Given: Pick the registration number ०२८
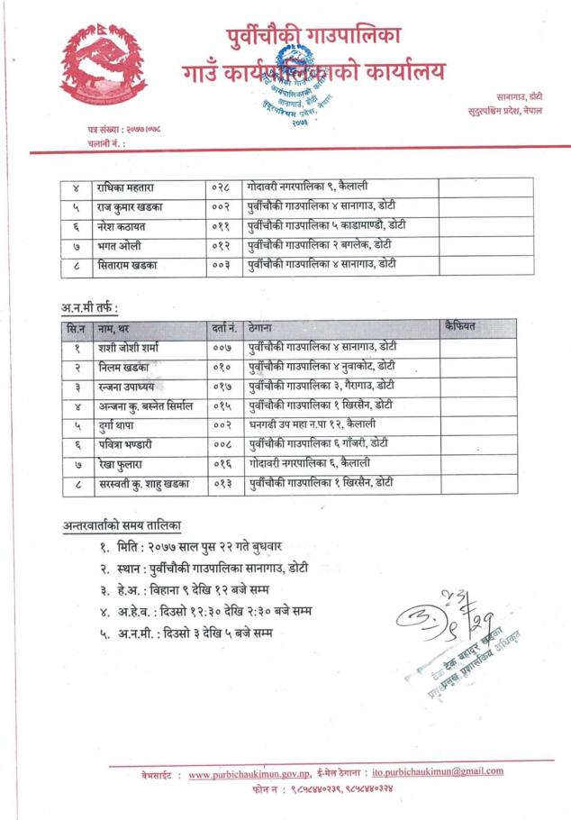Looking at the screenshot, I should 221,187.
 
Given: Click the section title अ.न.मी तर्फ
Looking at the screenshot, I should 89,307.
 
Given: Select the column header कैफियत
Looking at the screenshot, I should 459,326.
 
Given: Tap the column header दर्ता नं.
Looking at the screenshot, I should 223,328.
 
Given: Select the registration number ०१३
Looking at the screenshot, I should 222,483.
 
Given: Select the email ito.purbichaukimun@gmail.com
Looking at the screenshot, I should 437,771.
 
